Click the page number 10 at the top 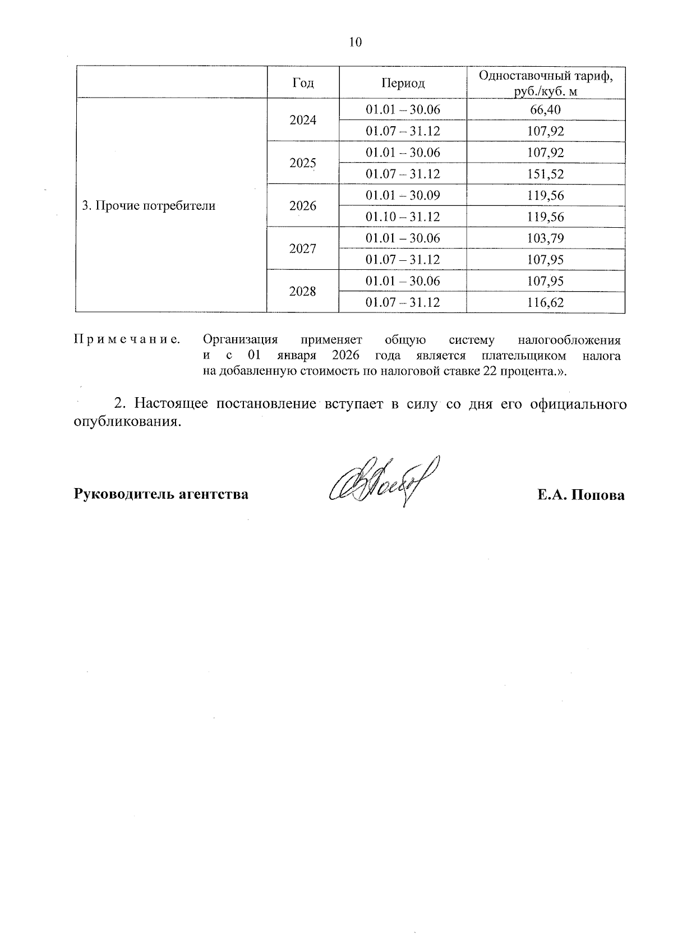click(x=356, y=43)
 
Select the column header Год click(x=303, y=83)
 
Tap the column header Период click(x=403, y=83)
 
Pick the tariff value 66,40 click(x=545, y=110)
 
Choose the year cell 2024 click(x=303, y=121)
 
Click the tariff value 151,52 click(x=545, y=174)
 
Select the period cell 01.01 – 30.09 click(x=403, y=195)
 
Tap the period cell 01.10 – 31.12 click(x=403, y=217)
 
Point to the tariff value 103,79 click(x=545, y=238)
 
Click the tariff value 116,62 click(x=545, y=303)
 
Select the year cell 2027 click(x=303, y=249)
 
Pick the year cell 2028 click(x=303, y=292)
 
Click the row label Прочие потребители click(x=149, y=206)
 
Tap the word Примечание click(x=127, y=340)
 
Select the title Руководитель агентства click(x=161, y=495)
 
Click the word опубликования click(x=128, y=422)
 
